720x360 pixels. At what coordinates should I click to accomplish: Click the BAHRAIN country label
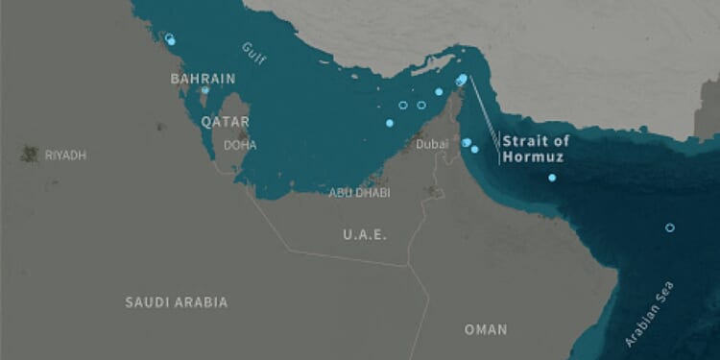pos(203,78)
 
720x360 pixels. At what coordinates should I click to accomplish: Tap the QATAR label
pos(225,122)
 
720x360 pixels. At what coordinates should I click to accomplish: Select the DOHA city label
pos(239,145)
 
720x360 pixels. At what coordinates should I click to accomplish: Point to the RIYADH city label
pos(65,155)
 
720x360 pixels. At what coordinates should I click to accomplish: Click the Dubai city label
pos(432,144)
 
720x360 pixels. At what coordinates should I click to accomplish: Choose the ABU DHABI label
pos(359,192)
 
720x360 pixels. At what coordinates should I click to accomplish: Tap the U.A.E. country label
pos(365,234)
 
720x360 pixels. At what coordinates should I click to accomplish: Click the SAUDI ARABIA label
pos(177,302)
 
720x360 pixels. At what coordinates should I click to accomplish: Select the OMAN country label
pos(485,329)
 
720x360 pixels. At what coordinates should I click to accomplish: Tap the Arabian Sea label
pos(650,313)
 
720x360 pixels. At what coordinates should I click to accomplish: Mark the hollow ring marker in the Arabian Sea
pos(670,228)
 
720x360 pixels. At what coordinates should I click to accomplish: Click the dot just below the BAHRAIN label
pos(204,90)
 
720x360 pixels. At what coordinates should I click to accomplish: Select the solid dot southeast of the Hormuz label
pos(552,178)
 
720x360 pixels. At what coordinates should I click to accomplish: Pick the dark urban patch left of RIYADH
pos(30,154)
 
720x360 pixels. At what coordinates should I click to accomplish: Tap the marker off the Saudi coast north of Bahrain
pos(170,39)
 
